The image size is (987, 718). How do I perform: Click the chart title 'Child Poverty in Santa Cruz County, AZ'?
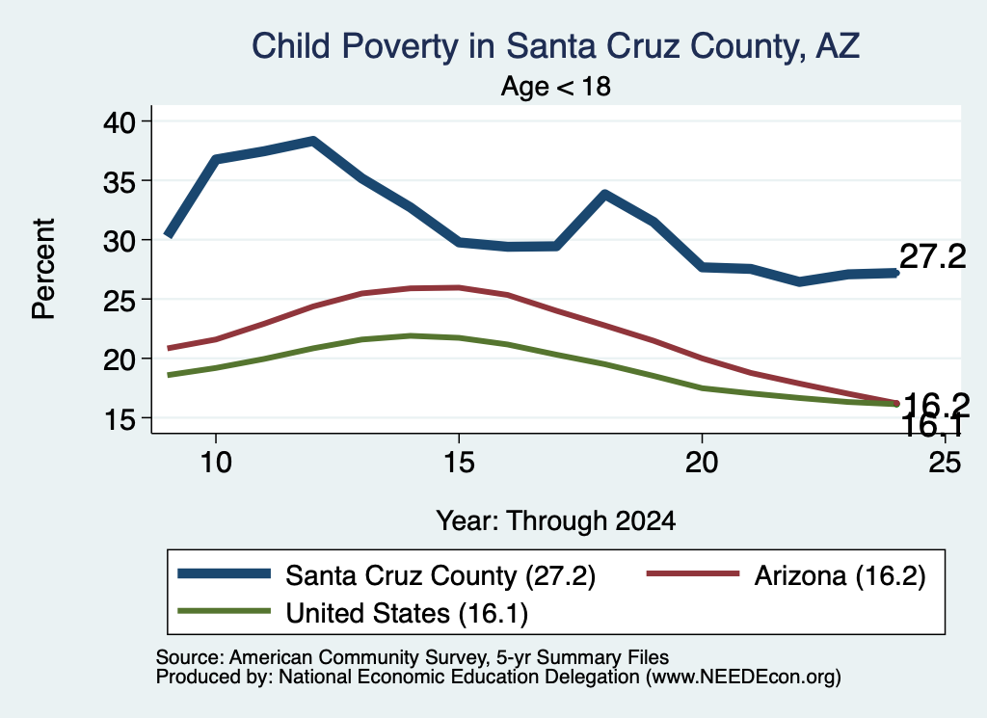point(556,46)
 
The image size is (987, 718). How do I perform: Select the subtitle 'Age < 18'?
point(556,86)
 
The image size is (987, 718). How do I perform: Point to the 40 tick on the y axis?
point(120,121)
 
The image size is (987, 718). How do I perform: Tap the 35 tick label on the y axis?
point(120,180)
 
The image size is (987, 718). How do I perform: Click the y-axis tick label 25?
point(120,300)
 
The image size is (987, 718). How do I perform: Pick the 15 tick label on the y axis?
point(120,418)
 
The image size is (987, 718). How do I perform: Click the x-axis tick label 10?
point(216,463)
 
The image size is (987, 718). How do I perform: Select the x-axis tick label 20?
point(702,463)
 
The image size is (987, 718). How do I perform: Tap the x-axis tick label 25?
point(945,463)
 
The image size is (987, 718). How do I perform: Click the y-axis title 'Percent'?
point(43,269)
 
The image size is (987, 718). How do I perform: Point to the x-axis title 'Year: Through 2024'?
point(556,521)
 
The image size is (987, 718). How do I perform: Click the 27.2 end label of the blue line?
point(933,256)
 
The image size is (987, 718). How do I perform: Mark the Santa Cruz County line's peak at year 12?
point(313,141)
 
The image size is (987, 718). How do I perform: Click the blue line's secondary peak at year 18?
point(604,195)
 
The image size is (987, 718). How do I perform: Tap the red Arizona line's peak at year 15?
point(459,287)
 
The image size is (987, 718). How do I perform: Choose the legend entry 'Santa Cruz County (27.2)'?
point(387,575)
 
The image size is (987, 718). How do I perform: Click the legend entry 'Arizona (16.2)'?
point(787,575)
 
